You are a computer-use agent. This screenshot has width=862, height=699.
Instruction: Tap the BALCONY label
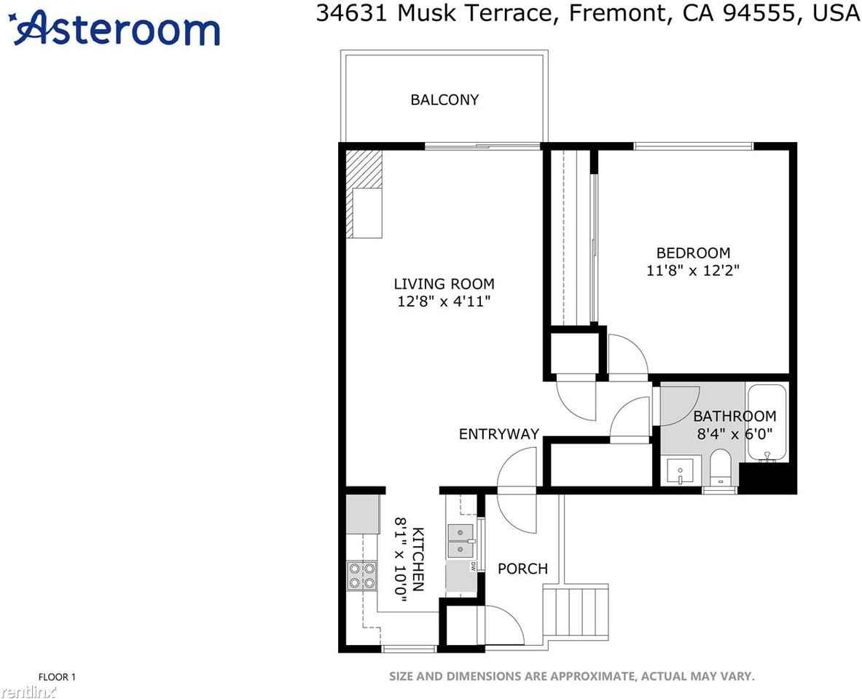(x=444, y=100)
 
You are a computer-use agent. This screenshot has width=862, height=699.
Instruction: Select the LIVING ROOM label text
(x=444, y=284)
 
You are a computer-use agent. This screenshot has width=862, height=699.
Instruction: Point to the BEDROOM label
(x=693, y=253)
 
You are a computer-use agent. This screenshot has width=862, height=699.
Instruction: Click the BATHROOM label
(x=734, y=416)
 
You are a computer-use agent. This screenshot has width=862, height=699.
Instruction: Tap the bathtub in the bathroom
(x=767, y=422)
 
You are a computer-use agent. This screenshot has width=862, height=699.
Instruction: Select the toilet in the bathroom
(x=720, y=467)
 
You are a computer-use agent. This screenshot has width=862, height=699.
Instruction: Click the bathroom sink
(x=681, y=472)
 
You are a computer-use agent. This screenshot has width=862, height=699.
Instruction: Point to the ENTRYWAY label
(x=498, y=435)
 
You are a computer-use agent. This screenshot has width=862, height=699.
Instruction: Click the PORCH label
(x=522, y=569)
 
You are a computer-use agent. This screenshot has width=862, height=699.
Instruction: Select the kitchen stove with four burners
(x=361, y=574)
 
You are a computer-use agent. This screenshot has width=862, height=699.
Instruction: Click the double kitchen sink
(x=461, y=542)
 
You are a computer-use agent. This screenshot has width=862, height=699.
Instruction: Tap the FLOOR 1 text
(x=57, y=677)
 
